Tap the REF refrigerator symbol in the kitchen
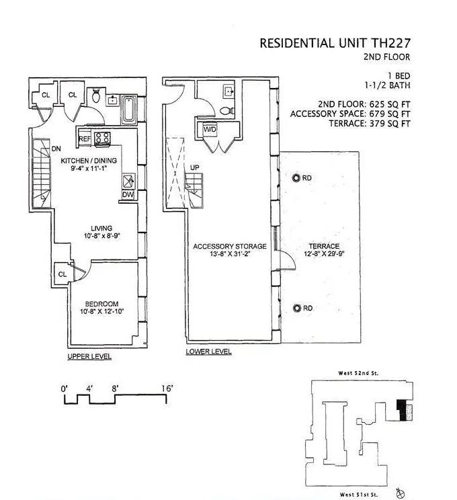click(85, 139)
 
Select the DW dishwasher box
click(128, 195)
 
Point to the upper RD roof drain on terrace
click(297, 178)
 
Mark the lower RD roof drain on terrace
click(297, 308)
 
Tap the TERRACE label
click(323, 247)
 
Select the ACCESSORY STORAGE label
click(230, 247)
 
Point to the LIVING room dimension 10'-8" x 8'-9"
click(97, 237)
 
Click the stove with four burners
click(103, 138)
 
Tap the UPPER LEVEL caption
click(89, 356)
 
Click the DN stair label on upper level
click(57, 149)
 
